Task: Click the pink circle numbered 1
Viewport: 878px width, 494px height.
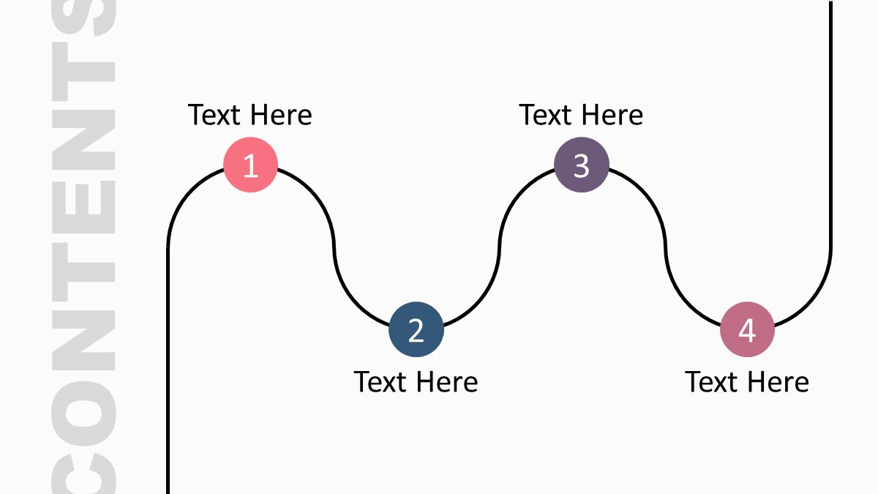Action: (250, 165)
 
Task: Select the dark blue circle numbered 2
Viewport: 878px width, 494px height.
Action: (416, 329)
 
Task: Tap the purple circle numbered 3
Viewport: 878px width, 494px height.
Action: (582, 165)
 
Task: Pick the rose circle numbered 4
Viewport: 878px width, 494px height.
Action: (748, 329)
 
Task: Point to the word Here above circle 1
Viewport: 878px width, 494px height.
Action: (281, 115)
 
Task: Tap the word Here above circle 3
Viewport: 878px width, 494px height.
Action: (612, 115)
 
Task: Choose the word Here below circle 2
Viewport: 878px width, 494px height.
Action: (447, 382)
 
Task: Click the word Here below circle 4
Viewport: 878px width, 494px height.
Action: (778, 382)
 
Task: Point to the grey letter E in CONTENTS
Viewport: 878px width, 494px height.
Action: (83, 207)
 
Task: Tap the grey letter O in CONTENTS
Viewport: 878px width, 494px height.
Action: (83, 413)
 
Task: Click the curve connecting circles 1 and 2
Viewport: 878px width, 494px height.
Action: (334, 247)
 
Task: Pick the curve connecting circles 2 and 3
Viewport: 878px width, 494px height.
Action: (499, 247)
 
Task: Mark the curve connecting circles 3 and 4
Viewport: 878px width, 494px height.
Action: (665, 247)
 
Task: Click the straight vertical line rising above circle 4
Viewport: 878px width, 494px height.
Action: (830, 124)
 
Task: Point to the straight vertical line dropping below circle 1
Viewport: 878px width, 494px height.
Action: (168, 370)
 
